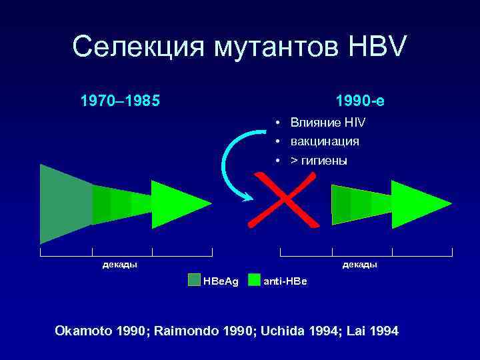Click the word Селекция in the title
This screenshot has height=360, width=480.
pos(137,47)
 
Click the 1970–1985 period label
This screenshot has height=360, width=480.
pos(120,101)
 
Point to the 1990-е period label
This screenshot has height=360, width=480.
pos(360,101)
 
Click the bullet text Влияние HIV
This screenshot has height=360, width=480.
pos(327,123)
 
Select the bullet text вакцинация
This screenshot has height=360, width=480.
pos(324,141)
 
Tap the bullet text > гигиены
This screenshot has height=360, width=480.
pos(319,161)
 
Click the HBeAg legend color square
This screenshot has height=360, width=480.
pos(193,280)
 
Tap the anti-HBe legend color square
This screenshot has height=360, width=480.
pos(254,280)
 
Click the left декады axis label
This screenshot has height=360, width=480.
pos(119,265)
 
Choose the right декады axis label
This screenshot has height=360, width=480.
pos(359,265)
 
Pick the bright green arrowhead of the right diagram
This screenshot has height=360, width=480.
pos(417,204)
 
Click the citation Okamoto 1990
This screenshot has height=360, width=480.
pos(103,331)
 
